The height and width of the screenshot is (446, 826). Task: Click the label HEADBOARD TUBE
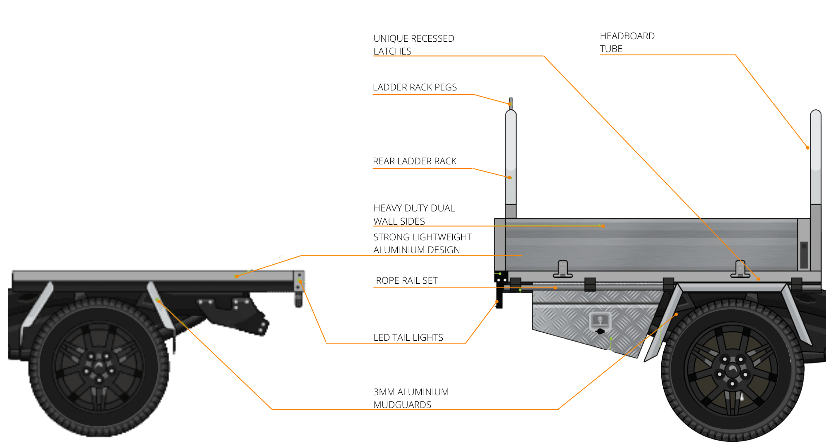(x=627, y=42)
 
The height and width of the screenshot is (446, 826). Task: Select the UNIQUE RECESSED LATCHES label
(x=413, y=45)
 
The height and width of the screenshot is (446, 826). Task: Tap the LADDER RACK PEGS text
(x=415, y=87)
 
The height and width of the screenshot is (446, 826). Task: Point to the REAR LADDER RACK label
(x=415, y=161)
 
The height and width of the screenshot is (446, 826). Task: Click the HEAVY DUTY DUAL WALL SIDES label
(x=414, y=214)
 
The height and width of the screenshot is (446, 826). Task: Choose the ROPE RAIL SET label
(x=406, y=280)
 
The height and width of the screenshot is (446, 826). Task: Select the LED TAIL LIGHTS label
(x=408, y=337)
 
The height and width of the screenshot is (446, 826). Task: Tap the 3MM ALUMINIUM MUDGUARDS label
(x=411, y=398)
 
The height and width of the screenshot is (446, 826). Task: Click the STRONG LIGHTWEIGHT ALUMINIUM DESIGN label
(x=422, y=243)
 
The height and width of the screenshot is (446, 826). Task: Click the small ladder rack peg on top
(x=511, y=103)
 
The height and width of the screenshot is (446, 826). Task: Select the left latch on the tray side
(x=563, y=269)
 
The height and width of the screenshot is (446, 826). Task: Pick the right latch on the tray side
(x=740, y=269)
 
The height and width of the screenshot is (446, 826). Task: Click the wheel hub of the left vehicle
(x=98, y=367)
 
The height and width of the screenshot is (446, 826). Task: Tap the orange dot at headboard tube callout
(x=807, y=148)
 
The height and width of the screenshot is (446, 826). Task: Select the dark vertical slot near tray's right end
(x=804, y=255)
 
